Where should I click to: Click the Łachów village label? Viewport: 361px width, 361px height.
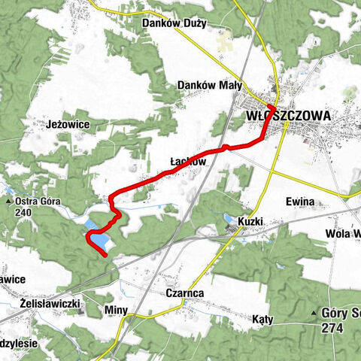click(x=188, y=161)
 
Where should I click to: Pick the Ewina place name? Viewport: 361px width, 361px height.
click(x=299, y=202)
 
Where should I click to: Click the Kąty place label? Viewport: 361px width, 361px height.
click(x=263, y=320)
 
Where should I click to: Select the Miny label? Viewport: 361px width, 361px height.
click(x=118, y=310)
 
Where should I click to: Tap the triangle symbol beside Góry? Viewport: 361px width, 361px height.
click(x=315, y=311)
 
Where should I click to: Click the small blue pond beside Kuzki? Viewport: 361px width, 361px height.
click(x=229, y=219)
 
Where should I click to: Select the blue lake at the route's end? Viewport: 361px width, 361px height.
click(x=98, y=240)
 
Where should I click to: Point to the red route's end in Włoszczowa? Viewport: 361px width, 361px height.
click(x=271, y=108)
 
